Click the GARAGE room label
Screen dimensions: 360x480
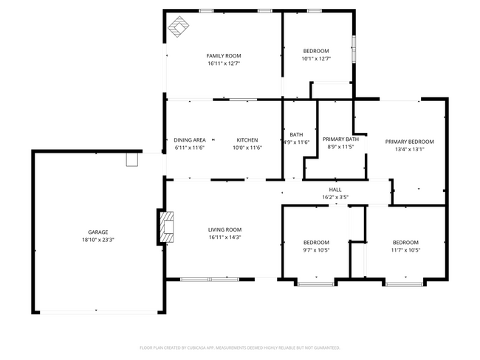(x=98, y=232)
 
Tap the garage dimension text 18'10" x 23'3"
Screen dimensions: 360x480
(x=98, y=240)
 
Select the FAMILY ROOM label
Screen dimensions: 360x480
(x=223, y=55)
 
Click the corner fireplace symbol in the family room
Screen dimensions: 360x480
(x=178, y=27)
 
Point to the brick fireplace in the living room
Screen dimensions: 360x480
(x=166, y=226)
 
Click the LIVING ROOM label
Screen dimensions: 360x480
(x=224, y=229)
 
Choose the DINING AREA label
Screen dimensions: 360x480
(x=190, y=140)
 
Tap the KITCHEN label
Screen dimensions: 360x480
(x=247, y=140)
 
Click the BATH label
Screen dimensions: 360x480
(x=296, y=134)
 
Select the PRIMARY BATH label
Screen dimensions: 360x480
(x=340, y=139)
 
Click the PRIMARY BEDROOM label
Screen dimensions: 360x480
(x=409, y=142)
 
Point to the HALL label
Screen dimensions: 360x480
(x=335, y=190)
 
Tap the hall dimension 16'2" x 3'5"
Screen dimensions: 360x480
(x=335, y=197)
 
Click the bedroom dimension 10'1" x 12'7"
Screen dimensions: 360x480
(x=315, y=58)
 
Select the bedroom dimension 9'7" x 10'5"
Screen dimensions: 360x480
(x=316, y=250)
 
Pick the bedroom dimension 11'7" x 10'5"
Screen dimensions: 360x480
(x=405, y=250)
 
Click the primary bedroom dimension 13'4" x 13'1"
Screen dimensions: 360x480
(x=409, y=149)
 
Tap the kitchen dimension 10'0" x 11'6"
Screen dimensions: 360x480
(x=247, y=148)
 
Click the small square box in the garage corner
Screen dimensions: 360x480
(x=133, y=159)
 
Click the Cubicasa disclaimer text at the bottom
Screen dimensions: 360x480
(x=239, y=347)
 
